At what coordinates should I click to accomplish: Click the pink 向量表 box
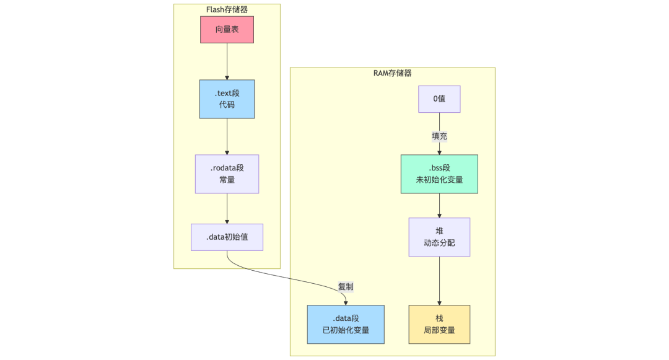(x=227, y=30)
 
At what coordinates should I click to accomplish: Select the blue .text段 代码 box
(x=227, y=99)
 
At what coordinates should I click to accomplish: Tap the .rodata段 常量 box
(x=227, y=173)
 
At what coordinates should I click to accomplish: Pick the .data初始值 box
(x=227, y=237)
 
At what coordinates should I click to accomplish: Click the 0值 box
(x=439, y=99)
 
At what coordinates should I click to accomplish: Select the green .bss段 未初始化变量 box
(x=439, y=173)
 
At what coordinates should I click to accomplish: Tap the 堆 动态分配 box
(x=439, y=237)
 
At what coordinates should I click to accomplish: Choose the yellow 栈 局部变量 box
(x=439, y=324)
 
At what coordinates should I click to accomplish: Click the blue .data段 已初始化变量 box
(x=346, y=324)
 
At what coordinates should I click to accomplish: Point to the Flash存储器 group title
(x=227, y=9)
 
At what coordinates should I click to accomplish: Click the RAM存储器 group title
(x=392, y=73)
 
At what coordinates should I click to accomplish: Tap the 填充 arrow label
(x=439, y=136)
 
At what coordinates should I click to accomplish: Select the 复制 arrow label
(x=345, y=287)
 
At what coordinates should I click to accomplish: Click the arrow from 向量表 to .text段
(x=227, y=61)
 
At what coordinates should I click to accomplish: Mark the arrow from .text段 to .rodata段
(x=227, y=136)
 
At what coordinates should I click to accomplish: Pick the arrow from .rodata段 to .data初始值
(x=227, y=208)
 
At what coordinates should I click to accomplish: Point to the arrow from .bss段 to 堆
(x=439, y=205)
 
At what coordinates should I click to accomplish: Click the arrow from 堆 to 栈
(x=439, y=280)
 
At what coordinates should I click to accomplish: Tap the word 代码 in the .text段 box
(x=227, y=105)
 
